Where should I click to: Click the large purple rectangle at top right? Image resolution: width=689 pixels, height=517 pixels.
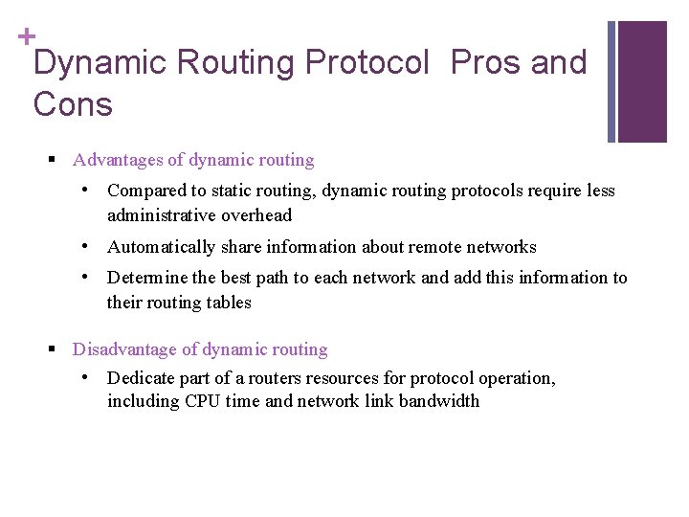pyautogui.click(x=642, y=81)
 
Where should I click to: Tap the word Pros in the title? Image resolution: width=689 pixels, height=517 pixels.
pyautogui.click(x=483, y=63)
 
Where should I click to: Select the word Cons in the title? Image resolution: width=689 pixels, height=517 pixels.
pyautogui.click(x=73, y=103)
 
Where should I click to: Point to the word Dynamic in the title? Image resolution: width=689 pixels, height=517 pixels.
pyautogui.click(x=99, y=63)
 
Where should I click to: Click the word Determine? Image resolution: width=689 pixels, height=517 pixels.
pyautogui.click(x=148, y=278)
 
